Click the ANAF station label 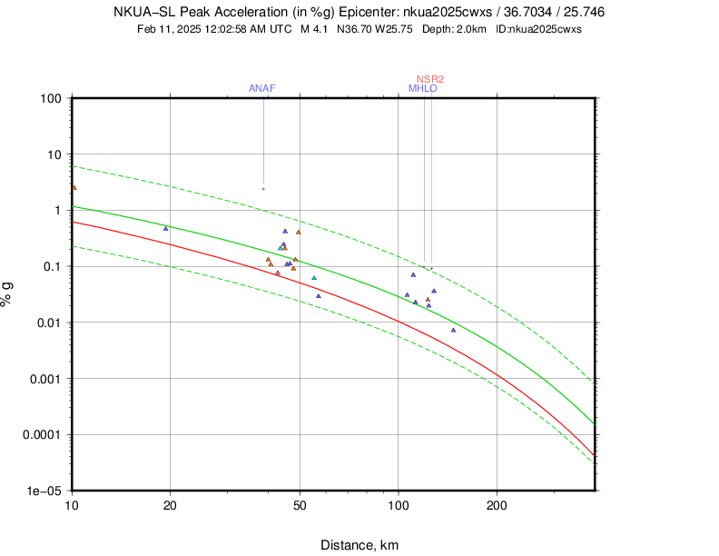(262, 88)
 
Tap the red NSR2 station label (430, 79)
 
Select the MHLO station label (423, 88)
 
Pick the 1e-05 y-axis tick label (45, 491)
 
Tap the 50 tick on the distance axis (300, 504)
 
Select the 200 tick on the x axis (496, 504)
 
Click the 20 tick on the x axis (170, 504)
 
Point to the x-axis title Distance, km (359, 545)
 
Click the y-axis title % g (8, 293)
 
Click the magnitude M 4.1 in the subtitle (314, 29)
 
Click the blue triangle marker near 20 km (165, 229)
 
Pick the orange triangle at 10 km (74, 188)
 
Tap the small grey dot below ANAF (263, 189)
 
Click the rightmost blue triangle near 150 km (453, 331)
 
